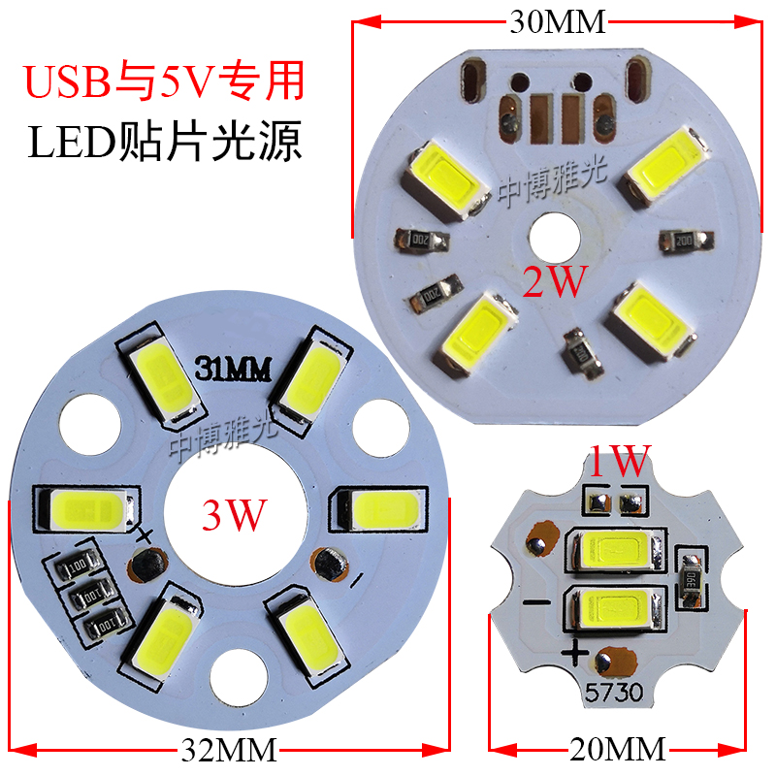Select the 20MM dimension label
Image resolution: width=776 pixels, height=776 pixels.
coord(617,749)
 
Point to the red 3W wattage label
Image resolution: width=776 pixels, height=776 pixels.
coord(233,515)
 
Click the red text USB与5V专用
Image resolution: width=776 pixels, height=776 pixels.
coord(164,82)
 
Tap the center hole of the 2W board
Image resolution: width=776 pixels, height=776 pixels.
coord(553,235)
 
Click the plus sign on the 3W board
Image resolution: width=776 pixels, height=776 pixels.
coord(145,534)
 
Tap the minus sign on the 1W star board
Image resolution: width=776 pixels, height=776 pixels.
coord(533,600)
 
